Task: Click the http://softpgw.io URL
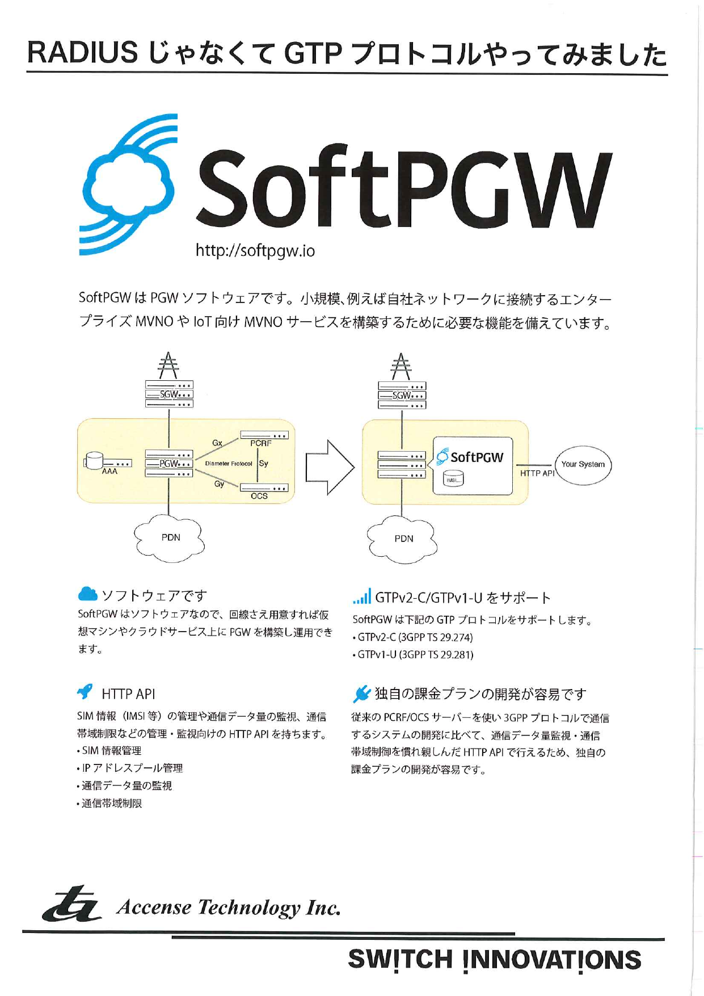pos(255,250)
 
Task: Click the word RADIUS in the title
pos(82,53)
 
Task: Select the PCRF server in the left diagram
pos(264,435)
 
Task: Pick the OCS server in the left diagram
pos(264,488)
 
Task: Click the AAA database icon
pos(94,460)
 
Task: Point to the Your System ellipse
pos(583,465)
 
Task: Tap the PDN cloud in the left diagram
pos(170,537)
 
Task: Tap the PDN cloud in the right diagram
pos(403,539)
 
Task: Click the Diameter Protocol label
pos(229,464)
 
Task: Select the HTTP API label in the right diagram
pos(537,473)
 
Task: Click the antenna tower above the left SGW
pos(168,365)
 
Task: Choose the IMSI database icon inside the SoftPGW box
pos(453,479)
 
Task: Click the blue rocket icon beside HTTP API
pos(85,691)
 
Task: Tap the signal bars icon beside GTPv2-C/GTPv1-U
pos(361,596)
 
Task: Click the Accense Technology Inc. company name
pos(229,907)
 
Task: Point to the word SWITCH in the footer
pos(400,959)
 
